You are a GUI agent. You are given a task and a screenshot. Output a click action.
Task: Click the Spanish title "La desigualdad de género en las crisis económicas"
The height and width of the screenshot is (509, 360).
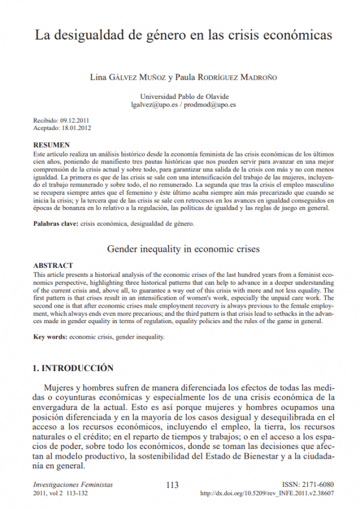tap(182, 35)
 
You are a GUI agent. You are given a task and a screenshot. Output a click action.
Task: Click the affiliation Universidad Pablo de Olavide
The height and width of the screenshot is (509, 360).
tap(184, 97)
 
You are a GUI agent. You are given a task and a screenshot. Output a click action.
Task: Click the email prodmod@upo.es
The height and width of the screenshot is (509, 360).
tap(212, 104)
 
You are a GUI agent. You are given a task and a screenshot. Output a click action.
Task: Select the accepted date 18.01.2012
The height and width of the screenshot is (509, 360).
tap(78, 128)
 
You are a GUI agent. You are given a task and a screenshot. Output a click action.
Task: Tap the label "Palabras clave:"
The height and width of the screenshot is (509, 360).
tap(55, 224)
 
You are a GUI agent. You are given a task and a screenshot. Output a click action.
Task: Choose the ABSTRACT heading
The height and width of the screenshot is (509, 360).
tap(53, 265)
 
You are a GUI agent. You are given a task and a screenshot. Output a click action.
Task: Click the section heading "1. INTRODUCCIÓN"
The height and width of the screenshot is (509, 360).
tap(73, 368)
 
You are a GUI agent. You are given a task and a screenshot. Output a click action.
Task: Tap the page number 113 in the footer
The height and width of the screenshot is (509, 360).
tap(173, 485)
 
